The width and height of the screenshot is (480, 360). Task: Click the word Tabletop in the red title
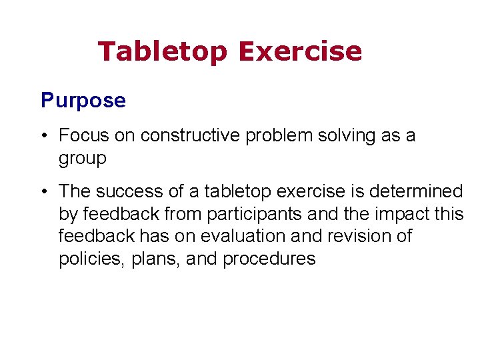tap(162, 51)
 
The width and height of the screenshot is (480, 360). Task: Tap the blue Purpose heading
tap(83, 101)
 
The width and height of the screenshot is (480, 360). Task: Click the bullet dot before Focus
tap(43, 136)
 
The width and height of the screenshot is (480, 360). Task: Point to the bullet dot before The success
tap(43, 192)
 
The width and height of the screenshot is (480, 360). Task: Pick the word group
tap(82, 159)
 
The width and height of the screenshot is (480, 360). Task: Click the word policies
tap(87, 259)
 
